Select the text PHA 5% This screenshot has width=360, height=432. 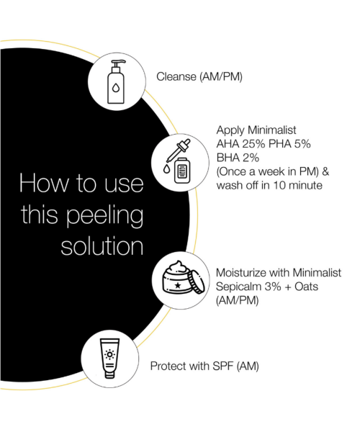[x=290, y=144]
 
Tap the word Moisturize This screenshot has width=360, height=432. [x=243, y=274]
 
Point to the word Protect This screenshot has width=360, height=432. [x=168, y=366]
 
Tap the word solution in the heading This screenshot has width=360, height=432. [x=101, y=246]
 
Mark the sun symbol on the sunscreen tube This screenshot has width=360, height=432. [x=110, y=354]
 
